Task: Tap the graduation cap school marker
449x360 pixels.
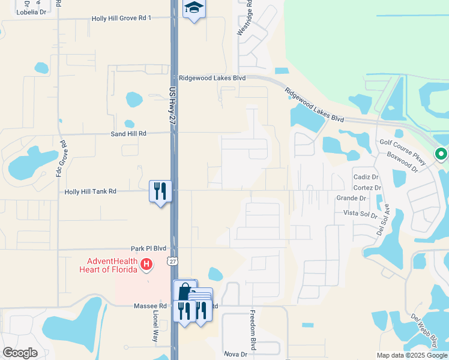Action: [194, 8]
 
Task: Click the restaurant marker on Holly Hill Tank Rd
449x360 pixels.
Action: [160, 191]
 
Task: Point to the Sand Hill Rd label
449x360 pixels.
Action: [128, 134]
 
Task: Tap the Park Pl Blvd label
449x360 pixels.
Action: [148, 248]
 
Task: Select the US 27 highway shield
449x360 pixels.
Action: [172, 262]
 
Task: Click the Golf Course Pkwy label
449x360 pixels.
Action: [402, 143]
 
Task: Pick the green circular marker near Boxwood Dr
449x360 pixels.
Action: [441, 155]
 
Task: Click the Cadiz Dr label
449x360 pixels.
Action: [366, 178]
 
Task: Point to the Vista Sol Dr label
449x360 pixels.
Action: [360, 214]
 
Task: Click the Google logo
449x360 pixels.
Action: [20, 353]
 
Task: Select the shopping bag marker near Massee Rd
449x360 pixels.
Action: [184, 291]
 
